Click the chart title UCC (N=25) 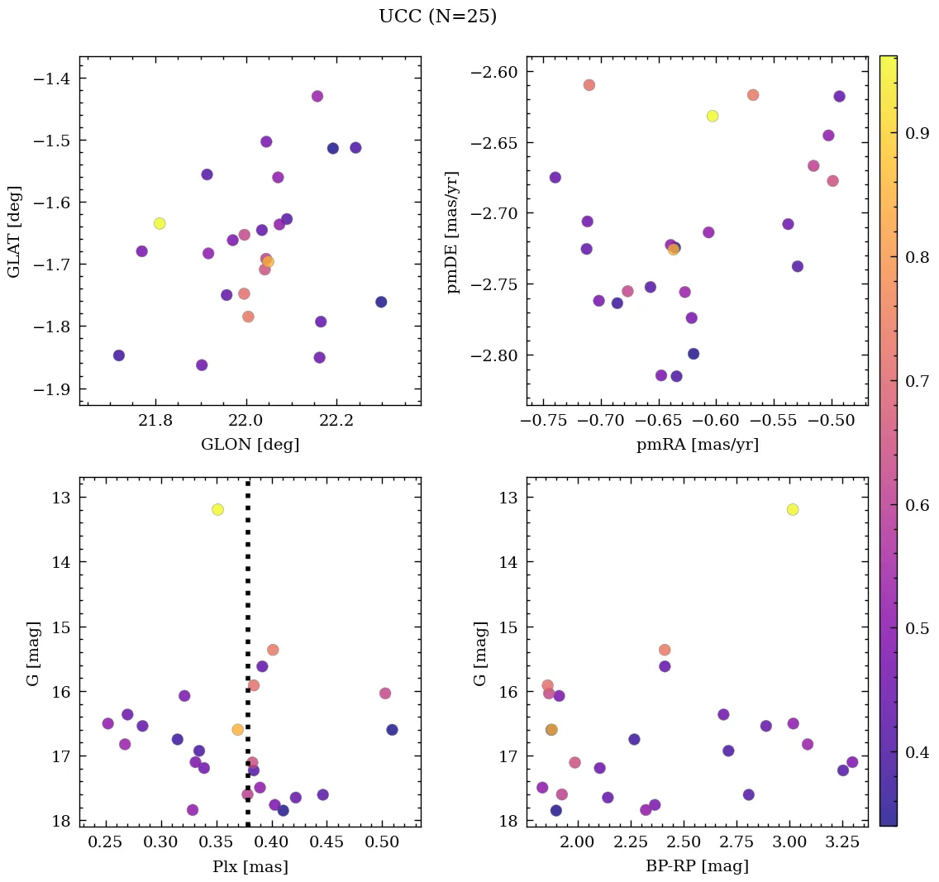click(x=437, y=17)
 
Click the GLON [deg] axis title click(x=250, y=445)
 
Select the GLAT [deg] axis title click(x=13, y=231)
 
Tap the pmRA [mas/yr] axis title click(x=697, y=445)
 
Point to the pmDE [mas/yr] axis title click(x=452, y=231)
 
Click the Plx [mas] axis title click(x=250, y=866)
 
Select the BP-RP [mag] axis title click(x=697, y=866)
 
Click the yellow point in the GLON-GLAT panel click(x=160, y=223)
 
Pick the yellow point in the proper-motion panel click(x=713, y=116)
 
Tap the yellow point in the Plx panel click(x=217, y=509)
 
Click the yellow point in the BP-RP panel click(x=793, y=509)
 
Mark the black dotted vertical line click(x=248, y=661)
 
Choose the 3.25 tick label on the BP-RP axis click(x=843, y=843)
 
